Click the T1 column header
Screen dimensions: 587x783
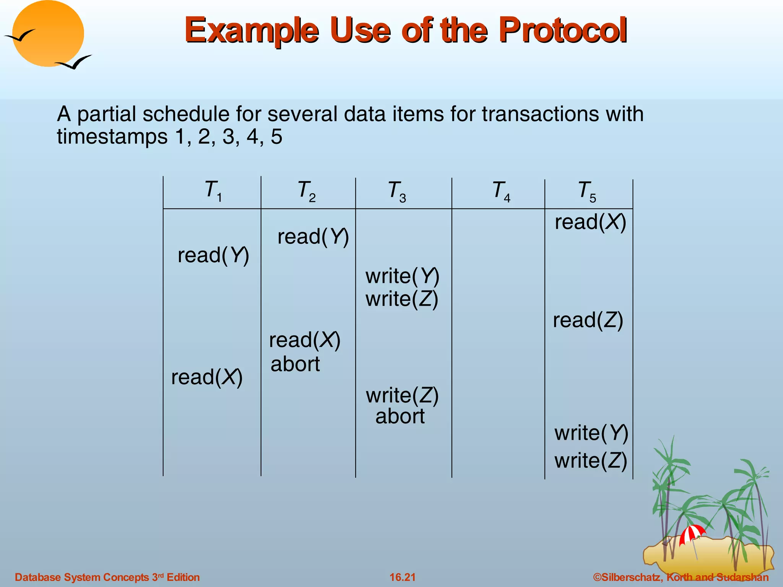(x=213, y=191)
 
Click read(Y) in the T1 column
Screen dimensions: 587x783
(x=213, y=255)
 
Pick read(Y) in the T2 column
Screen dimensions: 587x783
(x=313, y=237)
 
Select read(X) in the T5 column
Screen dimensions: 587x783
(x=590, y=222)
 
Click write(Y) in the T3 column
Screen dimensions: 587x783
(x=402, y=276)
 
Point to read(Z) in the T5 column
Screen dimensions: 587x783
(x=588, y=320)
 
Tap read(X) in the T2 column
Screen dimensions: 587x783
(x=304, y=340)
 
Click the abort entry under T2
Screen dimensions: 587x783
(x=295, y=364)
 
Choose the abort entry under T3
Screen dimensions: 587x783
(x=400, y=416)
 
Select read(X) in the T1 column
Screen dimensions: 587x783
(x=206, y=377)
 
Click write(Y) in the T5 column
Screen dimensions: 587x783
(x=591, y=433)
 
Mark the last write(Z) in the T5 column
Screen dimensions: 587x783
(x=591, y=461)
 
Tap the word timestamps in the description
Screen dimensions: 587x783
(x=112, y=136)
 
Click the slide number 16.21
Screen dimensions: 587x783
(x=402, y=577)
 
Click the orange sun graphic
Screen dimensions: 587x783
(x=48, y=34)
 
